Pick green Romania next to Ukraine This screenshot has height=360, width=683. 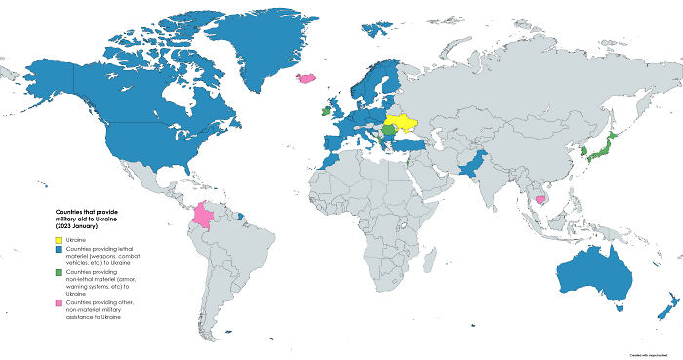(x=390, y=129)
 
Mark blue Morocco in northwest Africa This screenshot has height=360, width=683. (x=327, y=160)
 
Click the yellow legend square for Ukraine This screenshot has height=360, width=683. (x=58, y=239)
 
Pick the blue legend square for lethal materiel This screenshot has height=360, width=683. (x=58, y=251)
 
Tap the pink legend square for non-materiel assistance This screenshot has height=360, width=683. (x=58, y=303)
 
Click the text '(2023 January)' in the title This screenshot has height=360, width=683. (x=84, y=225)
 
